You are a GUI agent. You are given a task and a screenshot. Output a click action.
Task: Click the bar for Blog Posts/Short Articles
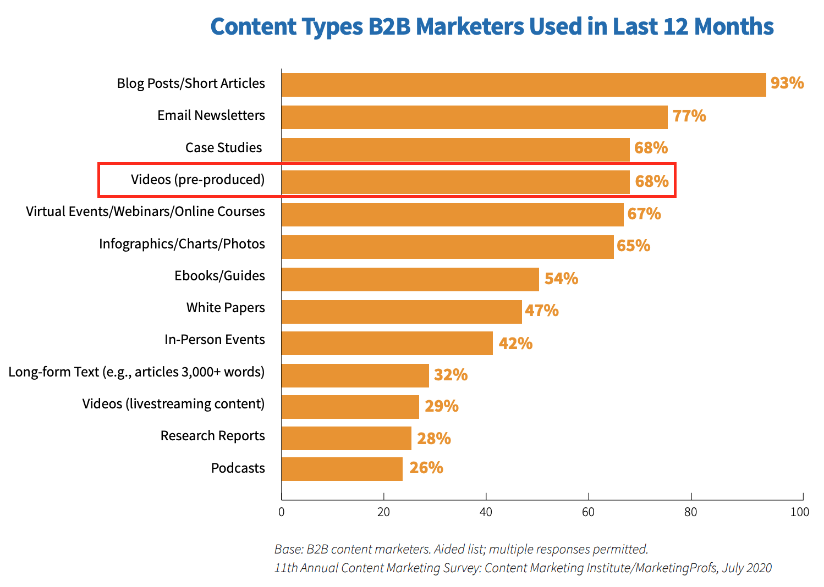(x=523, y=85)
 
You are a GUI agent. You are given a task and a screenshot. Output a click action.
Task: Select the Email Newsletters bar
(x=474, y=117)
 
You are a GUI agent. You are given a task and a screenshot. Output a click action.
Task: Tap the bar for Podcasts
(x=342, y=469)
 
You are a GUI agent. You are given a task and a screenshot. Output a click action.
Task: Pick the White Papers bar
(x=402, y=312)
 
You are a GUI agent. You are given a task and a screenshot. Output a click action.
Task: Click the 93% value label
(x=787, y=83)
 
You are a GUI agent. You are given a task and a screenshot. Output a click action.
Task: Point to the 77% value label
(x=689, y=116)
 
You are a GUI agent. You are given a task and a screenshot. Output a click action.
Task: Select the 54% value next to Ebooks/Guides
(x=561, y=279)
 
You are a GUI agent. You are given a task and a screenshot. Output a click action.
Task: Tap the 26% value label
(x=426, y=468)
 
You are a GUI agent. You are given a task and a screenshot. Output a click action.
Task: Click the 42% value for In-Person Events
(x=515, y=344)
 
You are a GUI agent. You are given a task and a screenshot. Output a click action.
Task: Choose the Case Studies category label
(x=223, y=148)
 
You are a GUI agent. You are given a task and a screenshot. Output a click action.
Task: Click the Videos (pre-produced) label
(x=197, y=180)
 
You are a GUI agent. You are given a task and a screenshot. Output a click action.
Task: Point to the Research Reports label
(x=212, y=436)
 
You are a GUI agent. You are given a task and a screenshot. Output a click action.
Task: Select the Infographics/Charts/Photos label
(x=182, y=244)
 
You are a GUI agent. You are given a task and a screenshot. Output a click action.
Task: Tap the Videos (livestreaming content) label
(x=173, y=404)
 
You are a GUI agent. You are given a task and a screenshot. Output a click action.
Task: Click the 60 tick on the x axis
(x=588, y=512)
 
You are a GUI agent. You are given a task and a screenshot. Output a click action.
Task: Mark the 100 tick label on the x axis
(x=799, y=512)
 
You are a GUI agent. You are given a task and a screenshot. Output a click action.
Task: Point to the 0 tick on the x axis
(x=282, y=512)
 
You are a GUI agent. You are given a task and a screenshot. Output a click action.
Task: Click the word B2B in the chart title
(x=389, y=26)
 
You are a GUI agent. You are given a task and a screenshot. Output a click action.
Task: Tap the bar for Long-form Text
(x=355, y=375)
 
